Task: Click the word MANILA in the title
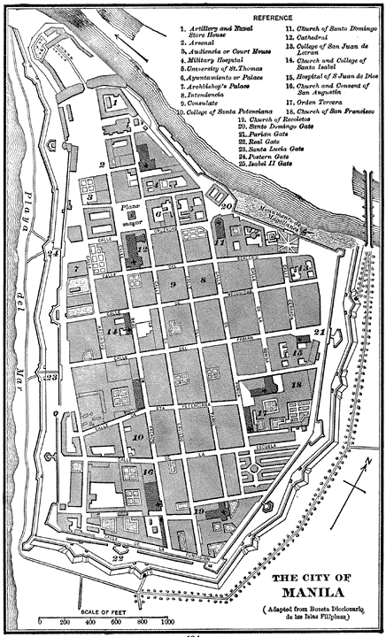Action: coord(316,594)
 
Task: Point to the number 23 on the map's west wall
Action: coord(51,378)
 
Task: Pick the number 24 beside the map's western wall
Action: coord(52,253)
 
